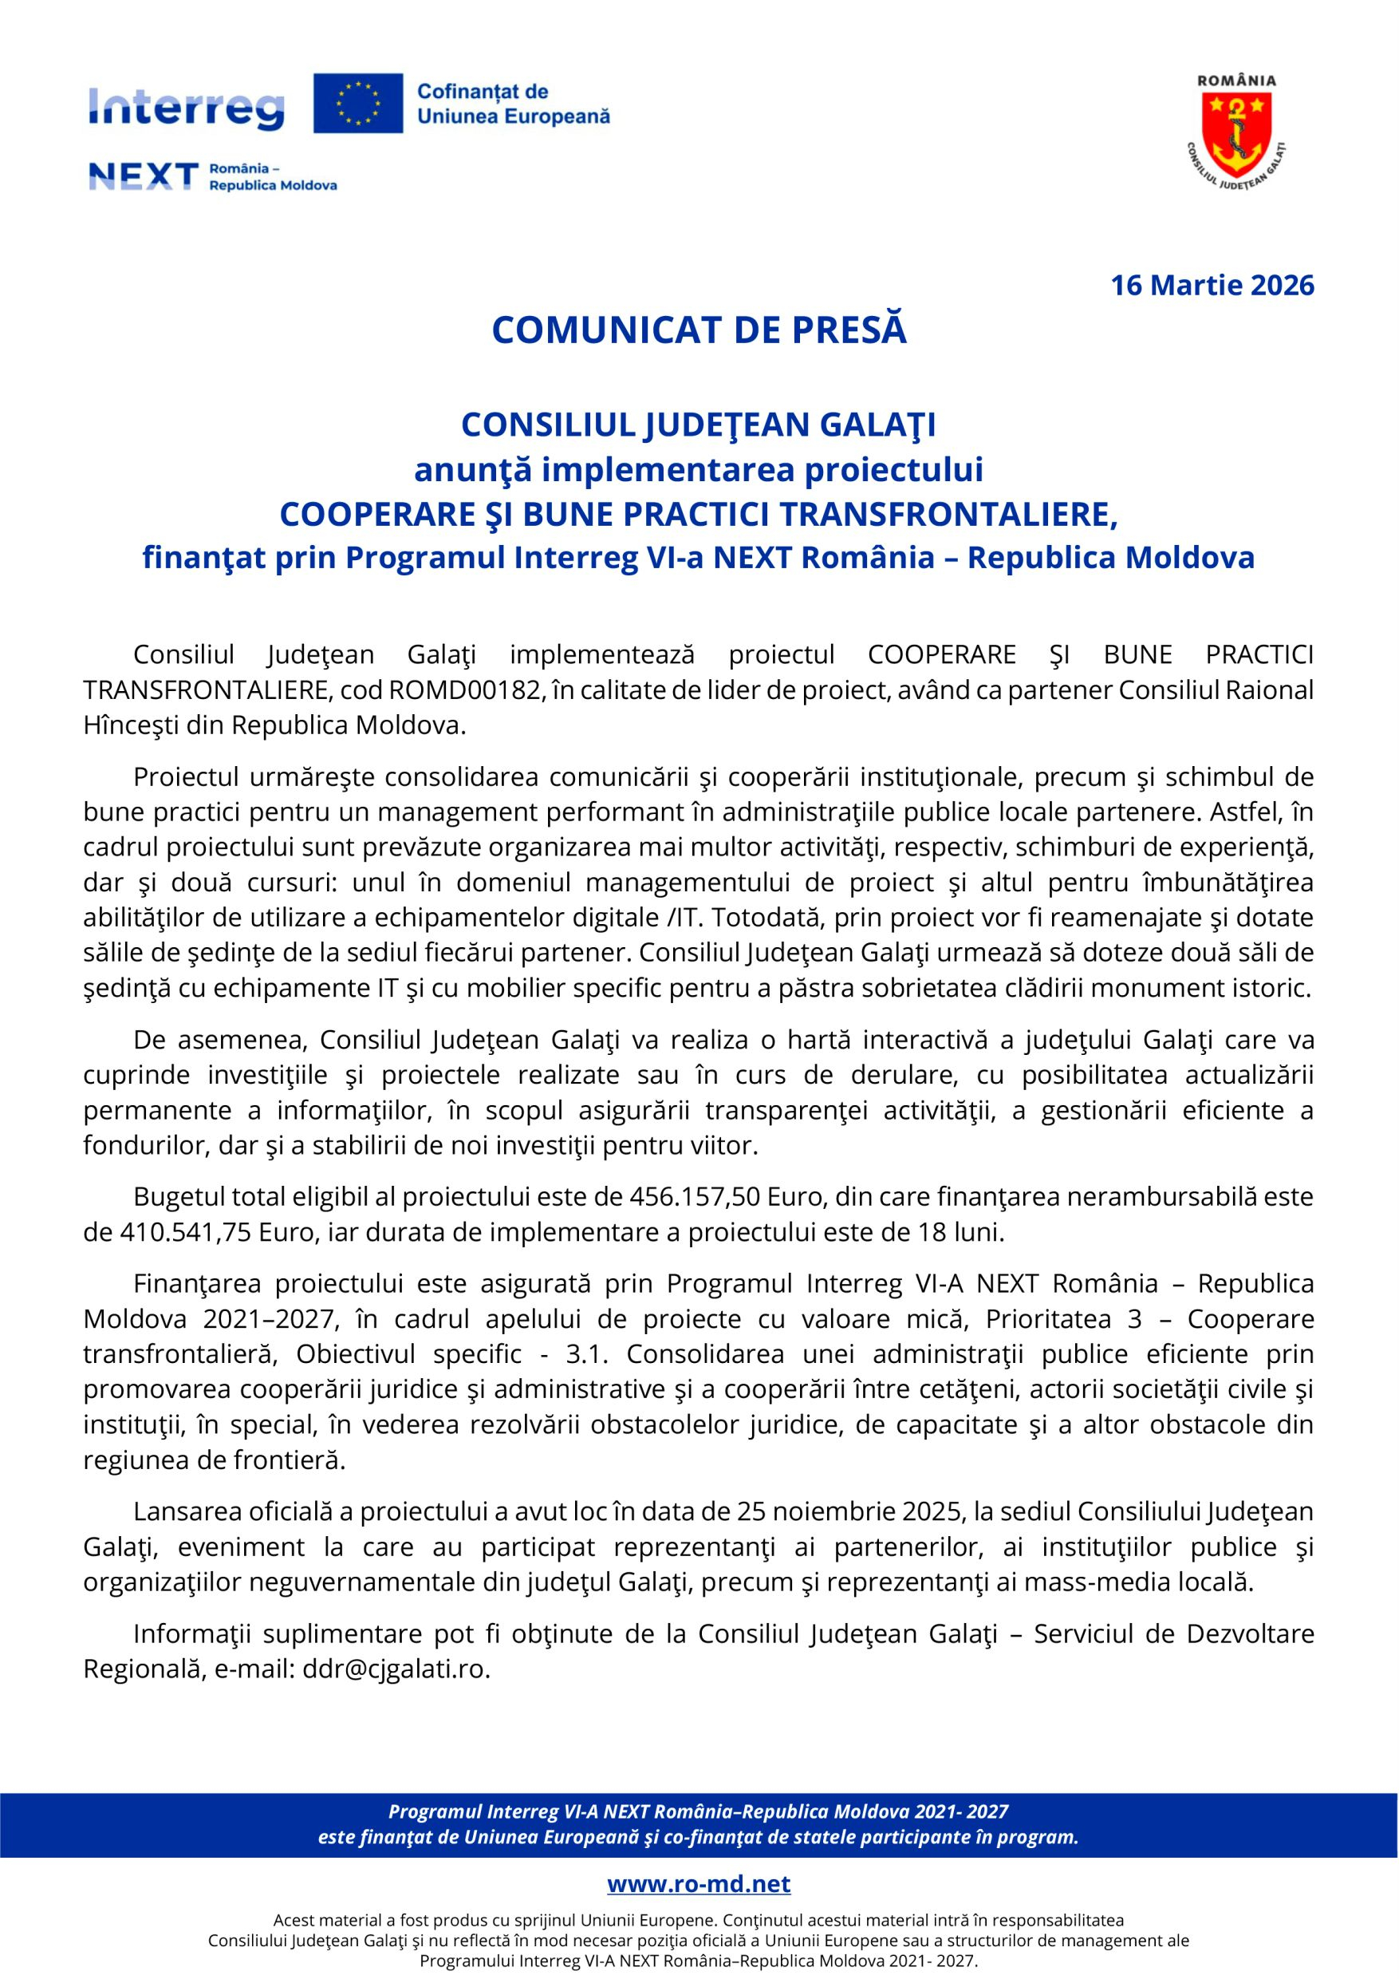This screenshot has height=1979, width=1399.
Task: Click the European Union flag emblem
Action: (357, 104)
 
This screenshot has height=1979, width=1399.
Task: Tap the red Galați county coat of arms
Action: (1236, 128)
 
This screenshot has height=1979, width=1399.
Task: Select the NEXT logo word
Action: (144, 176)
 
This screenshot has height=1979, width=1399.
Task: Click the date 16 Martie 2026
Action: (1212, 286)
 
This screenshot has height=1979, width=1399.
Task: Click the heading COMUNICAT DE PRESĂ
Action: (699, 331)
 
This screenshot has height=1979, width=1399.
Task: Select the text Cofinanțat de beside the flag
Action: (483, 91)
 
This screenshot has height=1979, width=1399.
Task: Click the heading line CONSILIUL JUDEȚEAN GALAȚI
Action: (699, 424)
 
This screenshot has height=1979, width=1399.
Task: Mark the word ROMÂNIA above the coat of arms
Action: (1237, 80)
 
